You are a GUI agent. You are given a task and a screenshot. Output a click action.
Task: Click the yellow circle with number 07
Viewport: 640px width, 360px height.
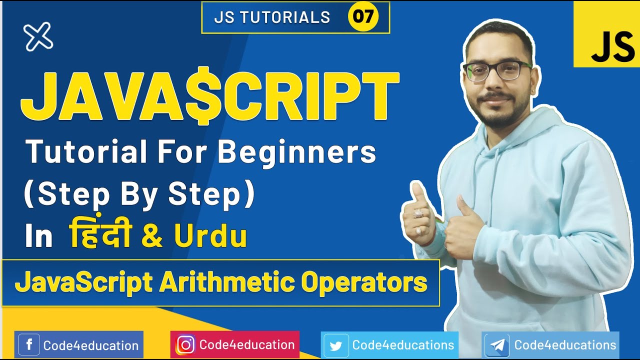[x=363, y=17]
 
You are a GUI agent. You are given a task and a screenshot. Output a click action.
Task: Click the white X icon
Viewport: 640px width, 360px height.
[x=38, y=36]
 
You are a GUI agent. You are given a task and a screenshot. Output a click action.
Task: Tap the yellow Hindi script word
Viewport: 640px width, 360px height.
[x=100, y=235]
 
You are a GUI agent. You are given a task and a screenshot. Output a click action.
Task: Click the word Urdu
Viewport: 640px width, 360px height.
[x=210, y=237]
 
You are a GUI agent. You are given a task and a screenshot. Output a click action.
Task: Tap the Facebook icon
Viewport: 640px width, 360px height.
[x=29, y=345]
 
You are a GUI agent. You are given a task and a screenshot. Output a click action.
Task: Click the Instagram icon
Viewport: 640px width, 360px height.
[x=185, y=345]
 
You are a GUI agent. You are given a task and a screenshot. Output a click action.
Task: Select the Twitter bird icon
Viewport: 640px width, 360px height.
[x=336, y=345]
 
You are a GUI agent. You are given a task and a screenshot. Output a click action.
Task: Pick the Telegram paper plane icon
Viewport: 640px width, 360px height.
[x=497, y=345]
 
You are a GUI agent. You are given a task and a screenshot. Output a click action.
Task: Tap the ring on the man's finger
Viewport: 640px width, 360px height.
[x=418, y=213]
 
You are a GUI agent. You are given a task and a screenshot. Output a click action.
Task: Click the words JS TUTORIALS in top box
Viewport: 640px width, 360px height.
[x=272, y=17]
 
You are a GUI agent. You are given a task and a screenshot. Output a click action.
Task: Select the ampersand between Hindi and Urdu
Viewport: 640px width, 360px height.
[x=152, y=237]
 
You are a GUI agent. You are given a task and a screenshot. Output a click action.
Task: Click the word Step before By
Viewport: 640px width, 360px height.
[x=67, y=195]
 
